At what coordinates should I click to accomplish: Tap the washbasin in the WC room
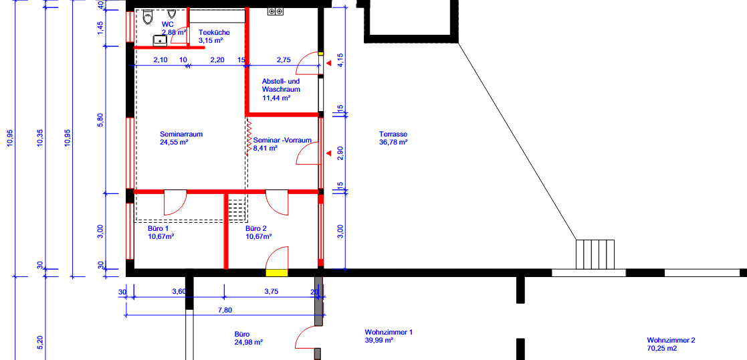pos(160,41)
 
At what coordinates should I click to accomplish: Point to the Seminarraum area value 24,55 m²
pos(175,142)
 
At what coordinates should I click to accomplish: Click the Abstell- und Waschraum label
pos(281,86)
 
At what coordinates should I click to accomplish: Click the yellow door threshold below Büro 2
pos(277,273)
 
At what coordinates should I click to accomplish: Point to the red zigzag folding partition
pos(249,137)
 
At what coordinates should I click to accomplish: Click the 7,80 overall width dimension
pos(225,310)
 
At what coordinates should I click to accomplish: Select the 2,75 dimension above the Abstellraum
pos(284,60)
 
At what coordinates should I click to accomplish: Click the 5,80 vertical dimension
pos(100,120)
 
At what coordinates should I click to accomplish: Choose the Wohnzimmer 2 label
pos(671,341)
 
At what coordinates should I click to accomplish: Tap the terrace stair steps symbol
pos(595,255)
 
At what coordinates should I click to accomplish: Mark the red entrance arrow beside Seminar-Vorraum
pos(328,153)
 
